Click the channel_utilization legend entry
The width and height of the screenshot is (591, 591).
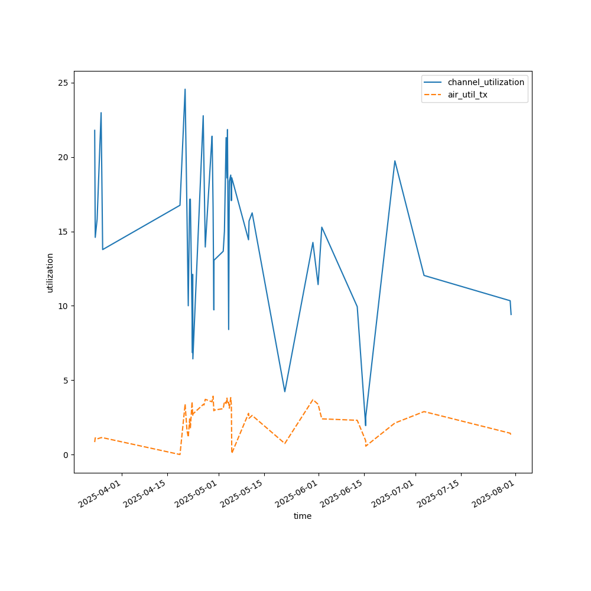coord(485,82)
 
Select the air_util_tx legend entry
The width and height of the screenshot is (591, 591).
coord(467,95)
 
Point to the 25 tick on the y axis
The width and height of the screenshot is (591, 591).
coord(61,83)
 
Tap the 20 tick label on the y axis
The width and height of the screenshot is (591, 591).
coord(61,157)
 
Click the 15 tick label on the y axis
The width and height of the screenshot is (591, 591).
coord(61,232)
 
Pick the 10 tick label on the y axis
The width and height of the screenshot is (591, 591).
coord(61,306)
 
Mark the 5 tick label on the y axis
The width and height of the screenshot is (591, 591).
coord(64,381)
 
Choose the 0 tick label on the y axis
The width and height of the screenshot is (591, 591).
coord(64,455)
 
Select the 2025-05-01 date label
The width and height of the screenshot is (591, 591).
coord(197,500)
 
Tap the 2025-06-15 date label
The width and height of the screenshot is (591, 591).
coord(343,500)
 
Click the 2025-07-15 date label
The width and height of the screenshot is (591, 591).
coord(440,500)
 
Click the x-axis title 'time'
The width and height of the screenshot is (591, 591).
coord(303,516)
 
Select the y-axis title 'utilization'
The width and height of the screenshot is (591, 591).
coord(50,272)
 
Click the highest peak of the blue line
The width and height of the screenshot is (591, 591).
coord(185,89)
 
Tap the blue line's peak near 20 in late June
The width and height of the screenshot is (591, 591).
coord(395,161)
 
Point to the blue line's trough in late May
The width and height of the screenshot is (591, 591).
coord(285,392)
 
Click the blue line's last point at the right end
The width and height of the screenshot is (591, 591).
coord(511,314)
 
